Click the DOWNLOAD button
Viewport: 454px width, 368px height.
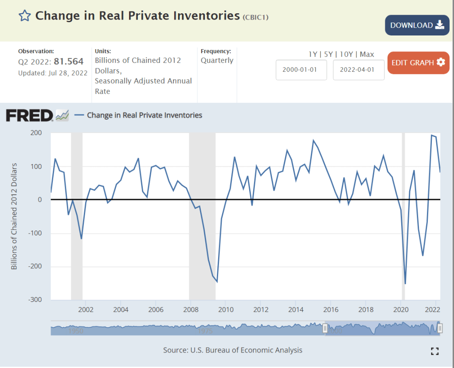(x=417, y=25)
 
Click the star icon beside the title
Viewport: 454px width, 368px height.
(x=24, y=16)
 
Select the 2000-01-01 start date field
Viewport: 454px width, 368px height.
(x=301, y=70)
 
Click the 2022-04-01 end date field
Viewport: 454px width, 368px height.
(x=359, y=70)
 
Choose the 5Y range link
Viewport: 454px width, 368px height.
(x=329, y=54)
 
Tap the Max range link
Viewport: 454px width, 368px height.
(x=367, y=54)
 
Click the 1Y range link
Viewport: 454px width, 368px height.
(x=313, y=54)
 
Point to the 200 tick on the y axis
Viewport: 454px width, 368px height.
(x=36, y=133)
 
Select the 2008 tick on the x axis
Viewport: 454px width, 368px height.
(x=190, y=309)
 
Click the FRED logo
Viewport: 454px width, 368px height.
(x=29, y=116)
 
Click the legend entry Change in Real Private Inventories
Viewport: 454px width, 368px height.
(x=144, y=115)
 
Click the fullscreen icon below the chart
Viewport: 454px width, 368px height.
(x=435, y=351)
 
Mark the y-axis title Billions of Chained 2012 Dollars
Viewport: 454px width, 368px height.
(x=14, y=216)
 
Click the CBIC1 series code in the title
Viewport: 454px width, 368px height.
(x=256, y=17)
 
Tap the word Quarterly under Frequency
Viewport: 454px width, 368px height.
(x=217, y=60)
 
